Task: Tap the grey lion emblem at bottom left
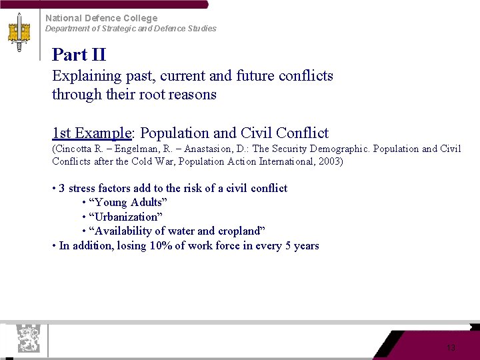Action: [x=27, y=338]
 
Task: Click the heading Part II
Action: [x=79, y=55]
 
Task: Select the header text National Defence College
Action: [x=101, y=18]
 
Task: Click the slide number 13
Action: [x=451, y=348]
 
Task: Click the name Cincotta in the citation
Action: [x=75, y=149]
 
